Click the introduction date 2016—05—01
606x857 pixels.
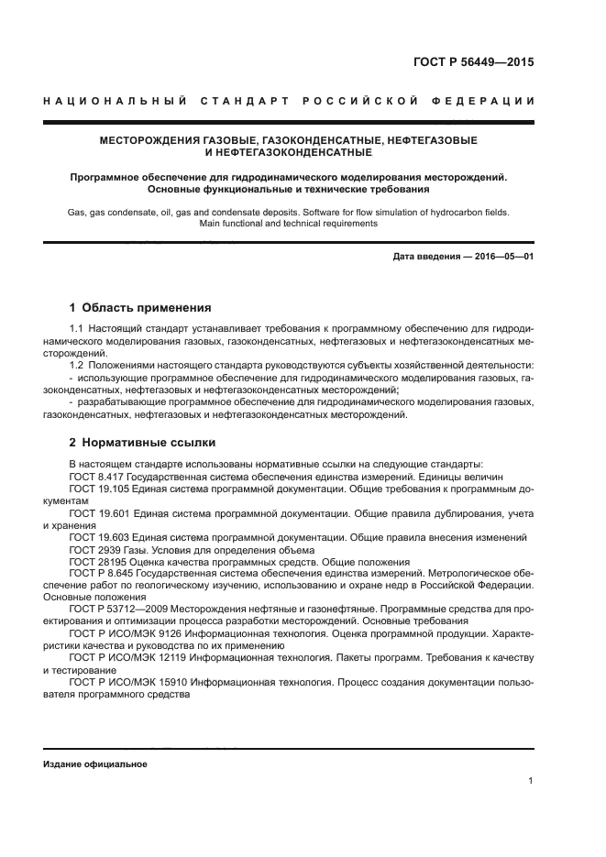[x=502, y=257]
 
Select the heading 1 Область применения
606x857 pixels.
[x=140, y=308]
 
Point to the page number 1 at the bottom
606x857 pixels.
[x=531, y=781]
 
